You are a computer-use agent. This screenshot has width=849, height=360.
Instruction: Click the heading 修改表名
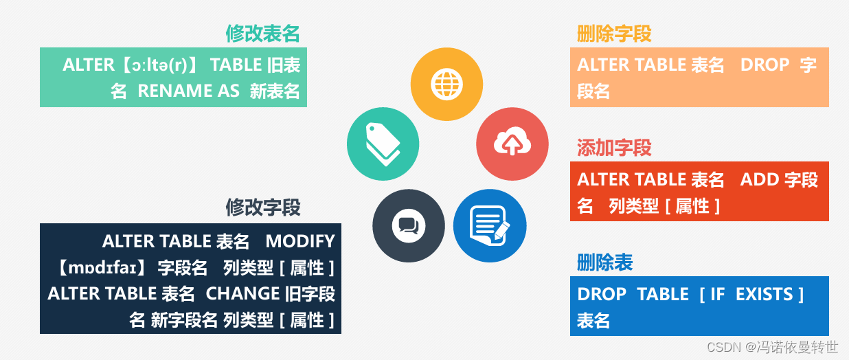tap(262, 34)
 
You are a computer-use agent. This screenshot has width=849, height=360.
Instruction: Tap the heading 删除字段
tap(614, 34)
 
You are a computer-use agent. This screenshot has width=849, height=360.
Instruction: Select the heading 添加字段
tap(614, 148)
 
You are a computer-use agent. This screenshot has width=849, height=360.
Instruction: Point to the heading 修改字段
tap(263, 207)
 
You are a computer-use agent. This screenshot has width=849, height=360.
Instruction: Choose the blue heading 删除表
tap(604, 262)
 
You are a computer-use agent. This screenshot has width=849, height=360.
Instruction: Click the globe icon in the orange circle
tap(446, 84)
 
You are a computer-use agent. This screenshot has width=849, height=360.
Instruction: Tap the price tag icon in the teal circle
tap(383, 144)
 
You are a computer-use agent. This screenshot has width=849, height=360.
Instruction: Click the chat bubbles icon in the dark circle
tap(409, 226)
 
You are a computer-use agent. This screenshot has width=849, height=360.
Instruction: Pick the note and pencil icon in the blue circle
tap(489, 226)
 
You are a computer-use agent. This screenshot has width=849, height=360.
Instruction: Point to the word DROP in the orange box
tap(765, 65)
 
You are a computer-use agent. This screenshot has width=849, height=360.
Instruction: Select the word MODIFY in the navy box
tap(300, 241)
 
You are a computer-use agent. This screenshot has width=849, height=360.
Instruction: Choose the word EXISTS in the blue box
tap(764, 295)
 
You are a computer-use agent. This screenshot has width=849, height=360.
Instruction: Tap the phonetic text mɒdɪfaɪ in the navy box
tap(102, 268)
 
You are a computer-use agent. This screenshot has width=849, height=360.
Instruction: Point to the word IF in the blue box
tap(718, 295)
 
